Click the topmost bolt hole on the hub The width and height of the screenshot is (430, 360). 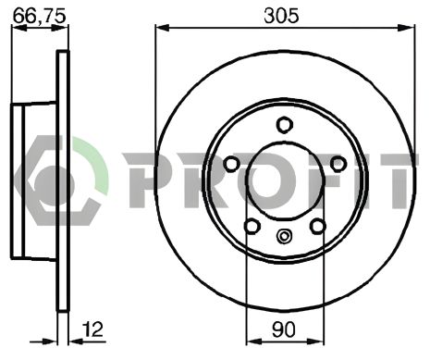(285, 126)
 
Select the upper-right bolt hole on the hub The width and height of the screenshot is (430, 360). (338, 164)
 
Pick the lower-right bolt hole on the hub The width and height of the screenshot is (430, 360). (317, 227)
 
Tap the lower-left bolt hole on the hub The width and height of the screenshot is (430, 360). (252, 227)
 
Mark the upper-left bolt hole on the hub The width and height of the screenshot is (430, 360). (231, 164)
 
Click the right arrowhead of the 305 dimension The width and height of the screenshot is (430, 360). (407, 28)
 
